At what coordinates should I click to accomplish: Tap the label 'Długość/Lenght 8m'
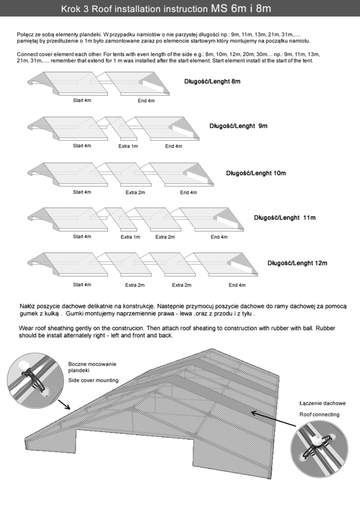coord(212,81)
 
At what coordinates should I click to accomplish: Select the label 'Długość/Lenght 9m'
coord(238,126)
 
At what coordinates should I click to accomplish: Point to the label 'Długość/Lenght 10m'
coord(256,173)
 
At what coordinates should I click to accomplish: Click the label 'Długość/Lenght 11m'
coord(285,217)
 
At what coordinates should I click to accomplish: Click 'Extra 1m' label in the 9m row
coord(128,146)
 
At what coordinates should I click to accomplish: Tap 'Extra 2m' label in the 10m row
coord(135,192)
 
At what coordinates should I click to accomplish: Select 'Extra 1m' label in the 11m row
coord(130,237)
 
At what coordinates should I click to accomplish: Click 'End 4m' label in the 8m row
coord(146,101)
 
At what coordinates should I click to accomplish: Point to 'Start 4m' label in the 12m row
coord(82,285)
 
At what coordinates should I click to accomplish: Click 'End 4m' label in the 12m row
coord(237,285)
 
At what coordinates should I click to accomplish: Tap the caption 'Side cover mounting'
coord(93,380)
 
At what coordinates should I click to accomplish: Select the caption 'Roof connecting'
coord(319,414)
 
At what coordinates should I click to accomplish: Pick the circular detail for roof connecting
coord(316,447)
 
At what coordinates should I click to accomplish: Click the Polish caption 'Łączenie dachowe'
coord(322,403)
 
